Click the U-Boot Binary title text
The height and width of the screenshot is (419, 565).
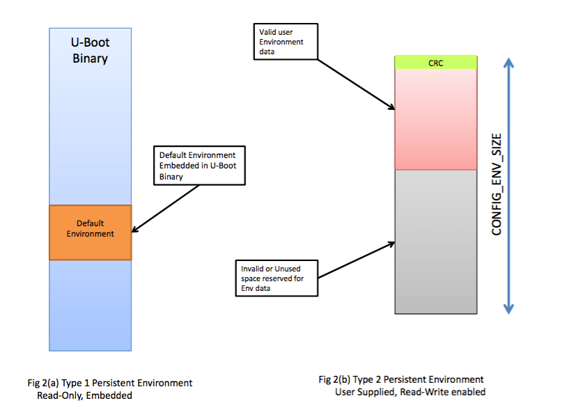[x=90, y=50]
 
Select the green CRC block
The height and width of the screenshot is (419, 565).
[x=435, y=62]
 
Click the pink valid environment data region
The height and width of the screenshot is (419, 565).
[x=435, y=118]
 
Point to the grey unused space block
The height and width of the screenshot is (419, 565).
[x=435, y=240]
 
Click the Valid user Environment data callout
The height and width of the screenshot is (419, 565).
[x=286, y=42]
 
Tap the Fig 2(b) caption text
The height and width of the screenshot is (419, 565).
[x=401, y=379]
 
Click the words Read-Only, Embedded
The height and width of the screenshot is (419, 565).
[x=84, y=395]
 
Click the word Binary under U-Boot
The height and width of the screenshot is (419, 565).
[x=90, y=58]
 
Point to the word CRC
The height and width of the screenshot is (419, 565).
[x=435, y=62]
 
